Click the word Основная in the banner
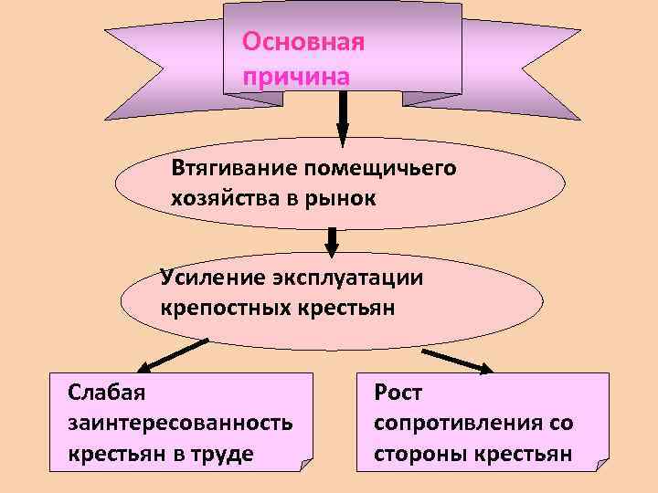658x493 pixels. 302,44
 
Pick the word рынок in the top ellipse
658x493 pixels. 338,198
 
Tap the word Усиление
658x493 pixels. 207,277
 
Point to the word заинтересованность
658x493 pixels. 180,423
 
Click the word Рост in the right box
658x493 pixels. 398,393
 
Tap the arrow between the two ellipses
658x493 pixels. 333,240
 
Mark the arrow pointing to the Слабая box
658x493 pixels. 178,356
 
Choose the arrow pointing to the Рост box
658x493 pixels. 457,359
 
